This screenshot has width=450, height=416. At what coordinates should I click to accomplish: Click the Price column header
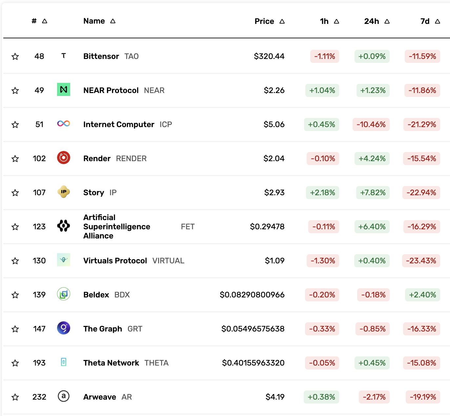pos(264,21)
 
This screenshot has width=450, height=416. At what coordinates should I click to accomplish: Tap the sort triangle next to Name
pos(113,21)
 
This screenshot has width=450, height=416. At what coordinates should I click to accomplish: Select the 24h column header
pos(371,21)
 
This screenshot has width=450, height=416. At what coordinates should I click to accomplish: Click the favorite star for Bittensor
pos(15,57)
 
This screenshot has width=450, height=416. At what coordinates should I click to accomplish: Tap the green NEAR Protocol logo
pos(64,90)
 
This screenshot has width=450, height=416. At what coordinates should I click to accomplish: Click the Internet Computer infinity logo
pos(64,123)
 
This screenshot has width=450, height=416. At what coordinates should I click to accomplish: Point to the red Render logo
pos(64,158)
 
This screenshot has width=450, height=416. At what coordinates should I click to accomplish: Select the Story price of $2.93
pos(274,193)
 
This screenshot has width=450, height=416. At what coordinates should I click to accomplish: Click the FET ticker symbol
pos(188,227)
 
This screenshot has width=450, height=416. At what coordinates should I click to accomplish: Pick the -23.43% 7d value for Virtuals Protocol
pos(421,261)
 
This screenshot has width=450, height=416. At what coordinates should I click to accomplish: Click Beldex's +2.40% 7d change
pos(422,295)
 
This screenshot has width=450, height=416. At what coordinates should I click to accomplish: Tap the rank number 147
pos(39,329)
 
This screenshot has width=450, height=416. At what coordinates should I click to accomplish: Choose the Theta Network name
pos(111,363)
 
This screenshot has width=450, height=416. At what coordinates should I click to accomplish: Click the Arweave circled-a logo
pos(64,396)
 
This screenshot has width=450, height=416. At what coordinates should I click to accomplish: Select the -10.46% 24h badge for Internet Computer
pos(371,124)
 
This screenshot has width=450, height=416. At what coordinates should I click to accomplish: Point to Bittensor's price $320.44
pos(269,56)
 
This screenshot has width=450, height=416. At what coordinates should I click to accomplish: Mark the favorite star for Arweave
pos(15,397)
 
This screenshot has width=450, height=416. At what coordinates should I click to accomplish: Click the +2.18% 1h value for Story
pos(322,193)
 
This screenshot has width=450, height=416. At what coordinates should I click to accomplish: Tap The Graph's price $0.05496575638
pos(253,329)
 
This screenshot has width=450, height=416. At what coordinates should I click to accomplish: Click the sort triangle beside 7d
pos(438,21)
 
